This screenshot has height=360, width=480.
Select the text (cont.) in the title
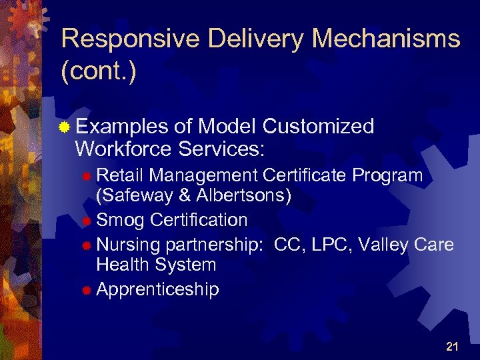pyautogui.click(x=98, y=71)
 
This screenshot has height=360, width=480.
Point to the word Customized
pyautogui.click(x=319, y=126)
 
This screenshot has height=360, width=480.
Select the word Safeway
pyautogui.click(x=138, y=197)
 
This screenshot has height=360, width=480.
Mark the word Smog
pyautogui.click(x=121, y=220)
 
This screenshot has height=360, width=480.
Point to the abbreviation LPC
pyautogui.click(x=329, y=245)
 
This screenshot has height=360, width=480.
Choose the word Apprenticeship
pyautogui.click(x=157, y=289)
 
